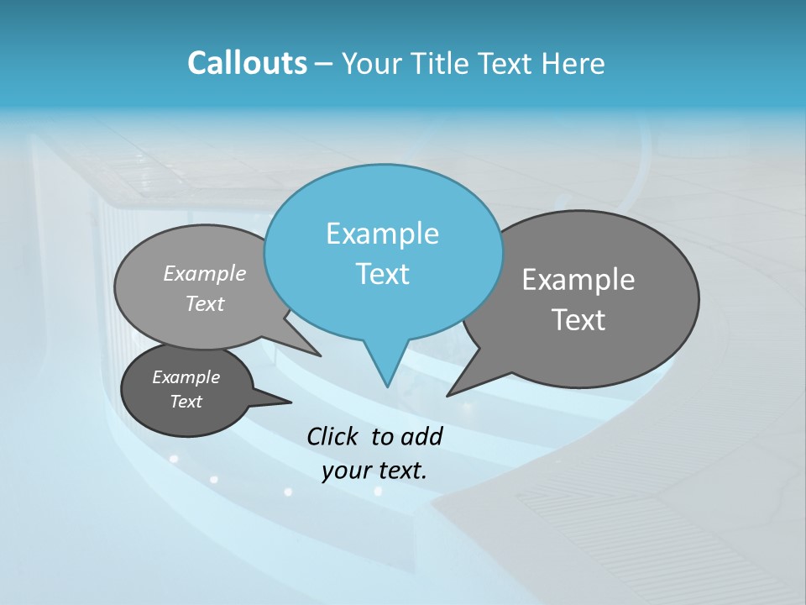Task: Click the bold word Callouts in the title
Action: click(247, 63)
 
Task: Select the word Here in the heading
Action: click(574, 63)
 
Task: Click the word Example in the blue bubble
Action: click(382, 234)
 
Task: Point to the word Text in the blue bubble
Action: click(382, 274)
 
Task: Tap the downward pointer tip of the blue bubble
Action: click(387, 385)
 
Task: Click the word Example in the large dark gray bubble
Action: click(578, 280)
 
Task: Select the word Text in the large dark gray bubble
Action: click(578, 319)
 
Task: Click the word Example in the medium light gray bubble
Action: click(205, 273)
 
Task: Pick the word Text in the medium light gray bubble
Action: click(205, 303)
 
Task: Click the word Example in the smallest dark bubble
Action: click(186, 377)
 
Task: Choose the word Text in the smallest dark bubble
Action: click(186, 402)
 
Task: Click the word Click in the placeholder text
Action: click(332, 436)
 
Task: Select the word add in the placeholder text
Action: click(421, 436)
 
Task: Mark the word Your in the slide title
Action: click(370, 63)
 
